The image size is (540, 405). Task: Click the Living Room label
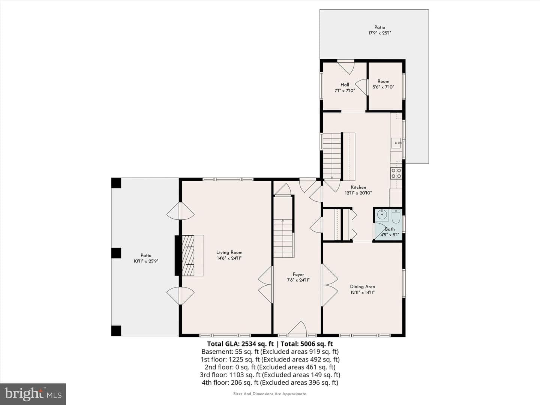tap(229, 252)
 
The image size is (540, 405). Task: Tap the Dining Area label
tap(362, 287)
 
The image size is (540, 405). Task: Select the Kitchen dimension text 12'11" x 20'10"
tap(358, 193)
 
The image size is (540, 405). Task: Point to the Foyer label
tap(298, 274)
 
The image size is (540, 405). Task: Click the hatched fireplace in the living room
tap(188, 255)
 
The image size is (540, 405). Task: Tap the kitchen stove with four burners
tap(396, 173)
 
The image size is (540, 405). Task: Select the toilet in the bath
tap(396, 216)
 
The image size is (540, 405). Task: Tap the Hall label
tap(345, 85)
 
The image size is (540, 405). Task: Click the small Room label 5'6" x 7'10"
tap(383, 84)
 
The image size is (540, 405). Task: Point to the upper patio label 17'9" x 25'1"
tap(379, 30)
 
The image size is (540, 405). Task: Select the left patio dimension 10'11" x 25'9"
tap(146, 261)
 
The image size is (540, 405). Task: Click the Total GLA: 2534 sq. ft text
tap(240, 344)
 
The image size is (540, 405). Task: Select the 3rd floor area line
tap(270, 375)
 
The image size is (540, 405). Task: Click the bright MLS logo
tap(33, 394)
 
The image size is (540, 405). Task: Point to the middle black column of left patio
tap(116, 253)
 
